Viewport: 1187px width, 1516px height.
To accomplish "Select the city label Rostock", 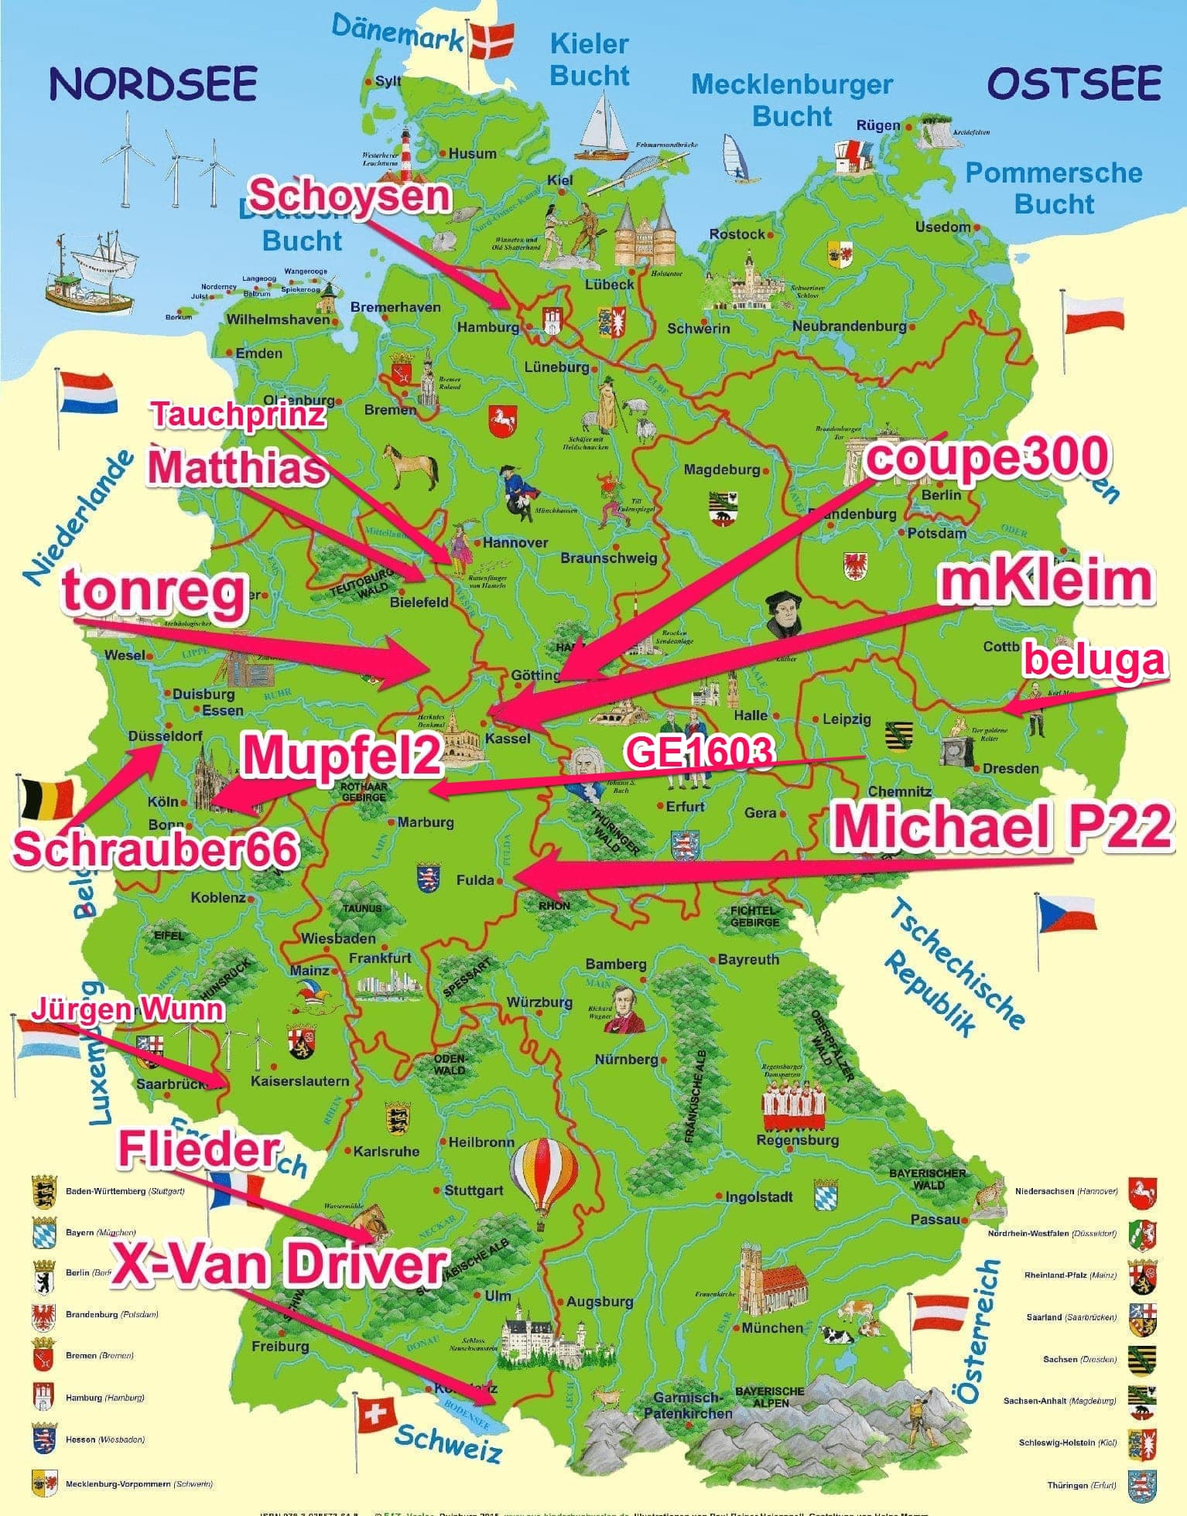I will [x=737, y=234].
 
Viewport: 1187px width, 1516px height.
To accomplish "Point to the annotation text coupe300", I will [x=987, y=457].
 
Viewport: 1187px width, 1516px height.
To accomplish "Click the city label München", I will [x=771, y=1327].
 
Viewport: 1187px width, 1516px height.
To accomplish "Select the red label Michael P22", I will [x=1003, y=826].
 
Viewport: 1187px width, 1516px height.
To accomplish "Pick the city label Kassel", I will [x=508, y=738].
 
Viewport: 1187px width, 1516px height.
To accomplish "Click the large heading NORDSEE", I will [x=153, y=84].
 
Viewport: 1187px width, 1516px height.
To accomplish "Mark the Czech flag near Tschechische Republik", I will [x=1066, y=913].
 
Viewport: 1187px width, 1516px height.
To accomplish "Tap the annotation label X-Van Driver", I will [x=279, y=1265].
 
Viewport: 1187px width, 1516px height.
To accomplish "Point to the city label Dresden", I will [x=1010, y=768].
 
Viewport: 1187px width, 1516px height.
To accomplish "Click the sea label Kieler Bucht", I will [x=589, y=60].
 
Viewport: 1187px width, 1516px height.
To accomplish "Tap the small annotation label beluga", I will [x=1093, y=660].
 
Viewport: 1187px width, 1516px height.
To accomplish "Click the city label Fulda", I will [x=474, y=879].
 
